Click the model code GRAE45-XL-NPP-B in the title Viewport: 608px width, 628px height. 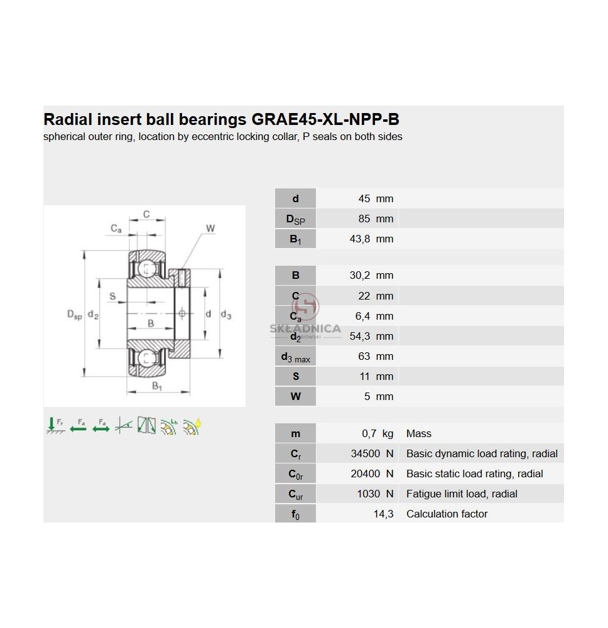coord(325,119)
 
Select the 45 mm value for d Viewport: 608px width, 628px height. coord(376,198)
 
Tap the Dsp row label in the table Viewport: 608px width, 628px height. coord(296,219)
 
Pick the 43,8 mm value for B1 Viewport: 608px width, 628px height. coord(371,239)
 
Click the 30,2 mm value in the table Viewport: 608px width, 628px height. coord(371,275)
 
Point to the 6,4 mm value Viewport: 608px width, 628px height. coord(374,316)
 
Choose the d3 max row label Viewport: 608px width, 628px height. coord(296,357)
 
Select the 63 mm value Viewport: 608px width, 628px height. coord(376,356)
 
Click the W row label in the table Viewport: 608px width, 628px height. coord(296,396)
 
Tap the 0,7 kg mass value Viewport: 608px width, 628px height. coord(377,433)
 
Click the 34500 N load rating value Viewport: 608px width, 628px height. coord(372,453)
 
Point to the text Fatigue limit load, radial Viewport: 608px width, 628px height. coord(462,494)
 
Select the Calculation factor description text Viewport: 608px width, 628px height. coord(447,514)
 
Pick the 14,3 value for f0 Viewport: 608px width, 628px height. coord(383,514)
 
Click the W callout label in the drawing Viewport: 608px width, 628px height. coord(210,229)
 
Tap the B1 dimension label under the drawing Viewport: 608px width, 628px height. coord(156,386)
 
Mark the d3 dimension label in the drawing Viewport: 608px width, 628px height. coord(226,315)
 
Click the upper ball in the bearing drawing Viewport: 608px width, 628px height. coord(146,268)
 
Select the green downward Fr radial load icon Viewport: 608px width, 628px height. coord(55,426)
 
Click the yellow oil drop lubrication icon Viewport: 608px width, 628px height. coord(192,426)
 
